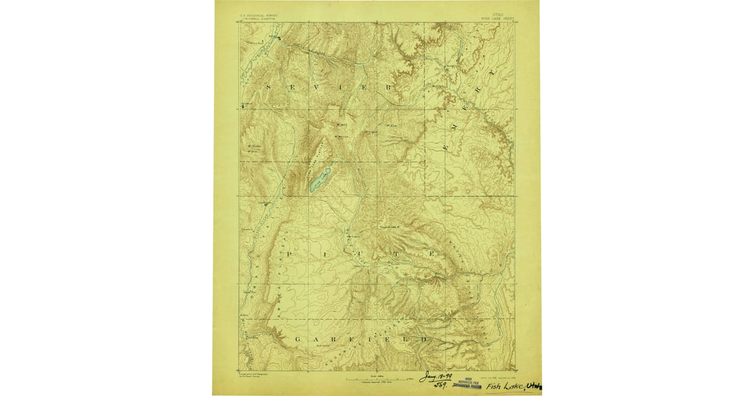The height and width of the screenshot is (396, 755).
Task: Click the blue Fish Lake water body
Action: [319, 181]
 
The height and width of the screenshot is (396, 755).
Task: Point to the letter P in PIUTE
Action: [289, 253]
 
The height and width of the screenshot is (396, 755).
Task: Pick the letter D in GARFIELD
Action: [425, 339]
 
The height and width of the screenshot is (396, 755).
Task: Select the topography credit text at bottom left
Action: [252, 375]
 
